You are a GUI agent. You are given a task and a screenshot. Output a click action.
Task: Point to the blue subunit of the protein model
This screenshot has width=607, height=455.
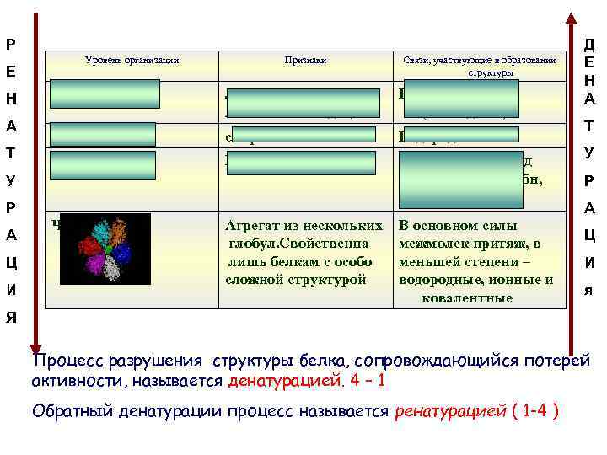coord(123,253)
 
